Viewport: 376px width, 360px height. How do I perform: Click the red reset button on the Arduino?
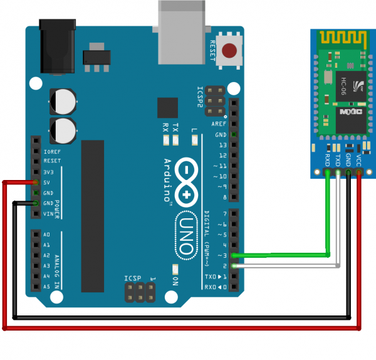[x=232, y=50]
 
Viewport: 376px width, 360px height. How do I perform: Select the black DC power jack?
[x=58, y=48]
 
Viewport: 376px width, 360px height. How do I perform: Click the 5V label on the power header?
[x=47, y=183]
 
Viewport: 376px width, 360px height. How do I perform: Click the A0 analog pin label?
[x=46, y=235]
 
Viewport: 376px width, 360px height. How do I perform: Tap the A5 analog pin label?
[x=46, y=287]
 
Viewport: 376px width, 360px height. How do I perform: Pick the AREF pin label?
[x=219, y=124]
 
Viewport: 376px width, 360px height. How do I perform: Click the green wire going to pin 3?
[x=282, y=255]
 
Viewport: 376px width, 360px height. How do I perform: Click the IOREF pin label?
[x=51, y=152]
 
